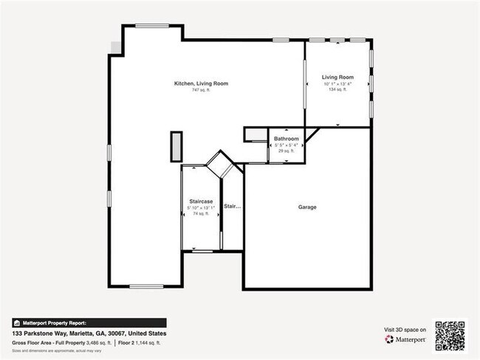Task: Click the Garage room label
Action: [x=307, y=207]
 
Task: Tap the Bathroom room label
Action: [x=286, y=139]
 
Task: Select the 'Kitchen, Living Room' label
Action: [x=201, y=83]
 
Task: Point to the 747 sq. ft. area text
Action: [x=201, y=91]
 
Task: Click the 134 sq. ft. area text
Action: [x=337, y=90]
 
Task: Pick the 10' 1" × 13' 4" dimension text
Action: [x=337, y=84]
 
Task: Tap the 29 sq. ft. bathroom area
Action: [x=286, y=150]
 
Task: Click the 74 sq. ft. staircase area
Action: [x=201, y=213]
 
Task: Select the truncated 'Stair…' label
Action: [x=232, y=207]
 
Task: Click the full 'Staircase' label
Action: [x=201, y=201]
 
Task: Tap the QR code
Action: [x=450, y=334]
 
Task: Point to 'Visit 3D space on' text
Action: [x=405, y=329]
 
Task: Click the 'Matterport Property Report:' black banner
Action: [x=89, y=322]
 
